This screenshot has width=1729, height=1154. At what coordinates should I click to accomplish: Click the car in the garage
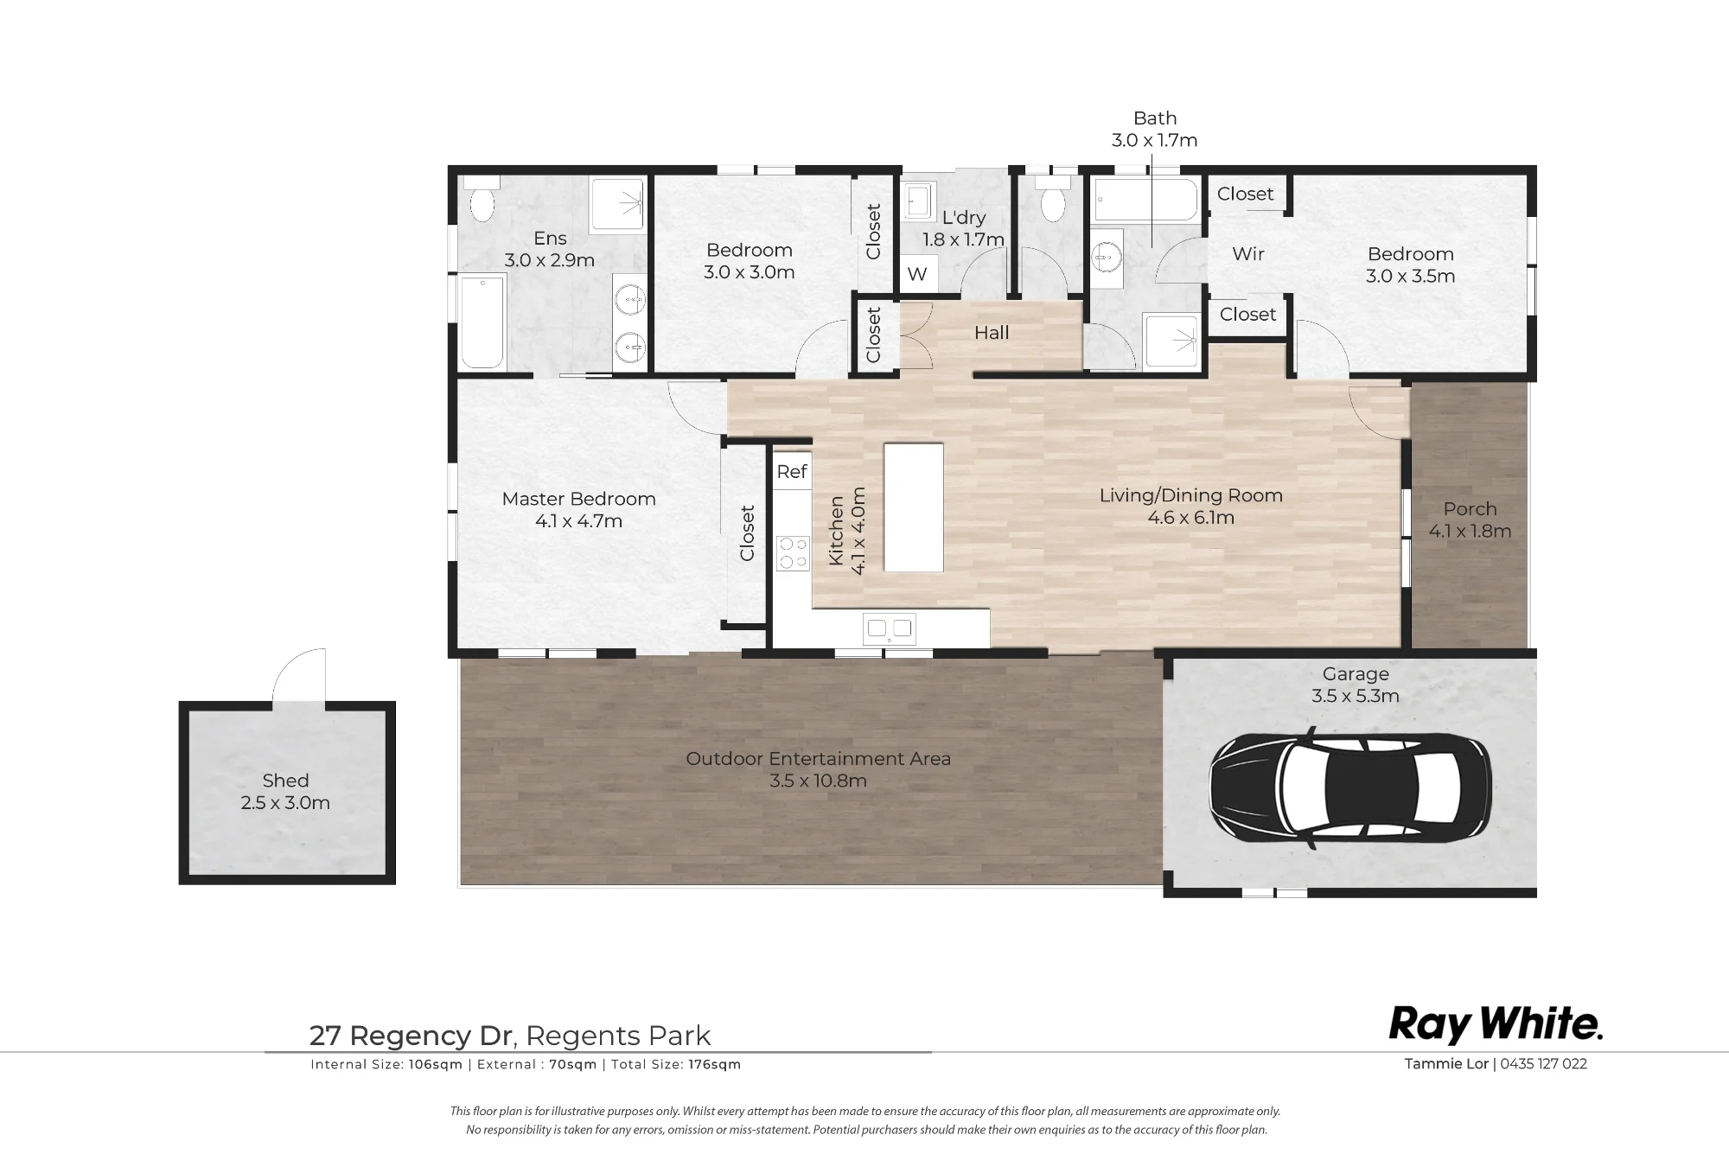tap(1349, 787)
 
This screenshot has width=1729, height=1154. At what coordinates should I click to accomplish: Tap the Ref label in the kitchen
tap(792, 471)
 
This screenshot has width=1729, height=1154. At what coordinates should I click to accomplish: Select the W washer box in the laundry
tap(917, 274)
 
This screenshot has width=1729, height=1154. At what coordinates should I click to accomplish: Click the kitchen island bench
tap(913, 507)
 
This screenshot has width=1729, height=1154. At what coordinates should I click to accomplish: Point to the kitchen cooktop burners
tap(793, 553)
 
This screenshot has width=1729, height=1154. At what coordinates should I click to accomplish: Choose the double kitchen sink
tap(890, 628)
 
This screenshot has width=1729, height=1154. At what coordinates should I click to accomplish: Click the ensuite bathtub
tap(482, 322)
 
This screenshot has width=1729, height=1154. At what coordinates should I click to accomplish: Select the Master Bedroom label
tap(578, 499)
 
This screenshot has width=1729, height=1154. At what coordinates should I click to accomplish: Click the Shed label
tap(285, 781)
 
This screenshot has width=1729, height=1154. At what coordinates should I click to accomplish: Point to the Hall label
tap(992, 333)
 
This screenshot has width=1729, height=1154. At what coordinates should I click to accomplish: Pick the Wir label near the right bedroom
tap(1248, 254)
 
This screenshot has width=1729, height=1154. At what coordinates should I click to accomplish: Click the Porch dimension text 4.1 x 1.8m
tap(1470, 532)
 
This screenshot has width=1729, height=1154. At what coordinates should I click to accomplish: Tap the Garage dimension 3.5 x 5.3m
tap(1356, 696)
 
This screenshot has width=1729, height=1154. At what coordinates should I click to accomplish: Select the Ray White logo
tap(1496, 1025)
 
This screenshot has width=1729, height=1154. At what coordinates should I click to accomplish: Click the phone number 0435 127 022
tap(1544, 1064)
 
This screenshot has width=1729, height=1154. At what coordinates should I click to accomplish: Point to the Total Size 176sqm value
tap(715, 1065)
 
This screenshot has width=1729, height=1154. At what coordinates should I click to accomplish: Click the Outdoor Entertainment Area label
tap(818, 759)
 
